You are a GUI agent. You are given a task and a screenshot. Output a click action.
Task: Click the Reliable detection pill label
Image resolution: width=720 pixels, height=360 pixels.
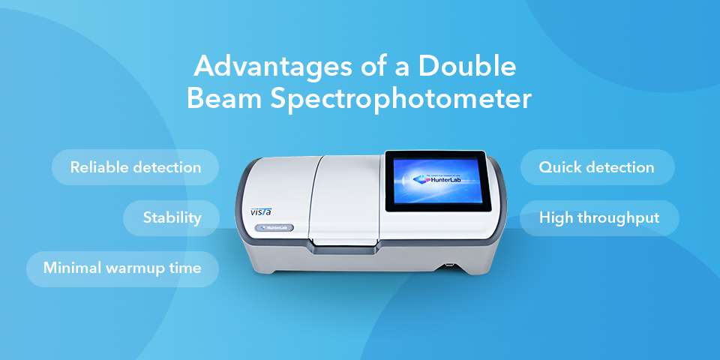click(136, 167)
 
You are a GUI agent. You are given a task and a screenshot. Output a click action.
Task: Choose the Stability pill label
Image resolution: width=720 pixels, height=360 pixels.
click(172, 218)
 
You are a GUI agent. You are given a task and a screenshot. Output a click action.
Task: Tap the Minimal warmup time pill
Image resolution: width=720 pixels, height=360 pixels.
click(122, 268)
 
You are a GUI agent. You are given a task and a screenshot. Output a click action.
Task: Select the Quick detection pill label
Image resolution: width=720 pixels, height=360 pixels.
click(597, 167)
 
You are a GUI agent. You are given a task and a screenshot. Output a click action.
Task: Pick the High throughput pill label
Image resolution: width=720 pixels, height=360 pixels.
click(599, 218)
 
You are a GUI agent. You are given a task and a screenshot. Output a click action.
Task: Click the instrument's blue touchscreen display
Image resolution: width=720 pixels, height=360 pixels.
click(434, 181)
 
